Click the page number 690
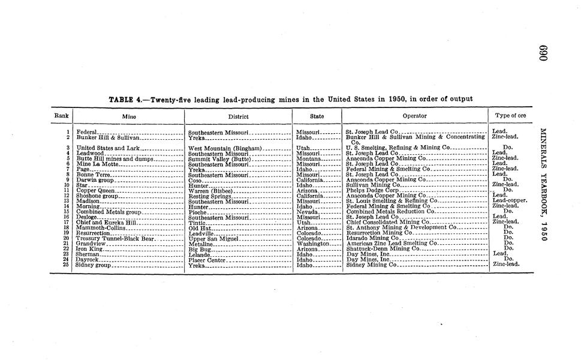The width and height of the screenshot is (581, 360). [543, 53]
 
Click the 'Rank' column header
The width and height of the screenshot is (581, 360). [61, 116]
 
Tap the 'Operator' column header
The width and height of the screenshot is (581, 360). [414, 116]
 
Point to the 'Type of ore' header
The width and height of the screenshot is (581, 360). [510, 116]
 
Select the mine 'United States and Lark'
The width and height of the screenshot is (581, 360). [108, 148]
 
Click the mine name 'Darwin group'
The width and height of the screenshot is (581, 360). [94, 179]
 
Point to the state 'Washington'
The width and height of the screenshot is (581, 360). [313, 244]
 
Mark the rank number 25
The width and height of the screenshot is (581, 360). [68, 265]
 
